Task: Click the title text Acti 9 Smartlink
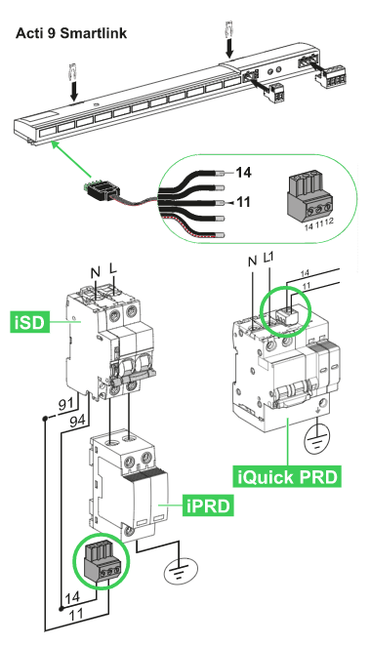coord(71,33)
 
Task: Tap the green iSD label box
coord(29,322)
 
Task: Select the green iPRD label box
coord(208,505)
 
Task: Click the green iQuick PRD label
coord(288,476)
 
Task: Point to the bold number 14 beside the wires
coord(243,172)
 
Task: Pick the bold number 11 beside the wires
coord(243,202)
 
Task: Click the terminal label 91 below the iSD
coord(66,405)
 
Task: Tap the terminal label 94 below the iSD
coord(77,421)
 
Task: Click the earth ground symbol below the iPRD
coord(181,570)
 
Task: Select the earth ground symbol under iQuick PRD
coord(317,441)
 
